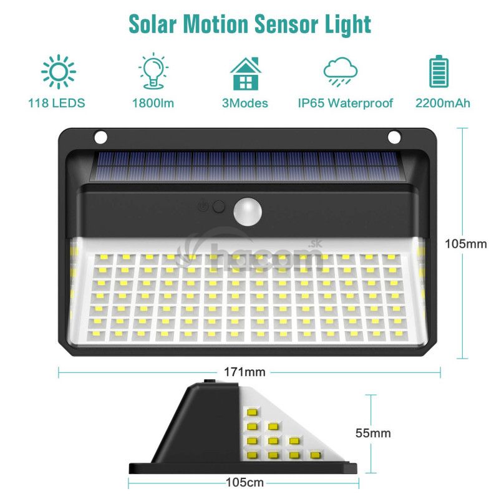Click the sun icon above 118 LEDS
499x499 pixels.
click(59, 72)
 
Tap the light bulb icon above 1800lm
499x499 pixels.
click(153, 71)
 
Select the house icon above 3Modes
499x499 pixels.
click(246, 74)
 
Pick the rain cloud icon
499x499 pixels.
click(341, 72)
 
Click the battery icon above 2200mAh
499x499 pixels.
click(439, 71)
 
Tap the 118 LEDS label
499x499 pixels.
click(57, 103)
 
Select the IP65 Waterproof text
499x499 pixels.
click(346, 103)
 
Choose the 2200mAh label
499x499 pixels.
click(443, 103)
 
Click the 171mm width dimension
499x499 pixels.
click(245, 372)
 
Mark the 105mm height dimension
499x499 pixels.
click(466, 244)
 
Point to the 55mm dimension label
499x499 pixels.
click(373, 433)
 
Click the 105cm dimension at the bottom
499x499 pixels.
click(245, 482)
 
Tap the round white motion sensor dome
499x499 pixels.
click(248, 211)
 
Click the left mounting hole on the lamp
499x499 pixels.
click(101, 137)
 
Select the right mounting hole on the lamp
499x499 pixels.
click(394, 137)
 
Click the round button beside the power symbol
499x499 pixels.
click(219, 206)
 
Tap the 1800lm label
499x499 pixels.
click(153, 103)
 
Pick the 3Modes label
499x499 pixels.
click(245, 103)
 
